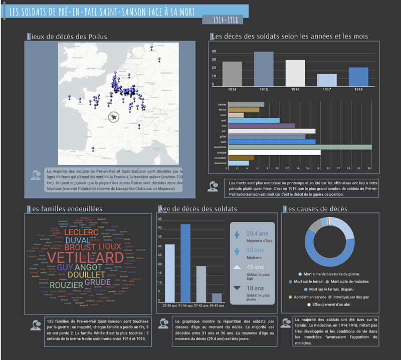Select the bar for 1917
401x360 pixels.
pos(327,80)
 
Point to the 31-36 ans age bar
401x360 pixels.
pos(185,263)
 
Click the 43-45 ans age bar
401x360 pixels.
pos(217,298)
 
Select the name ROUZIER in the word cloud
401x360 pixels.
pos(66,285)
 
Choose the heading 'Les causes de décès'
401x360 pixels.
pos(315,208)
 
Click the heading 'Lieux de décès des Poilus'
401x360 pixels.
pos(70,36)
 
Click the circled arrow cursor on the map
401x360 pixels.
pos(115,117)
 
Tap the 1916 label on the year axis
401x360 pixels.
pos(295,89)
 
